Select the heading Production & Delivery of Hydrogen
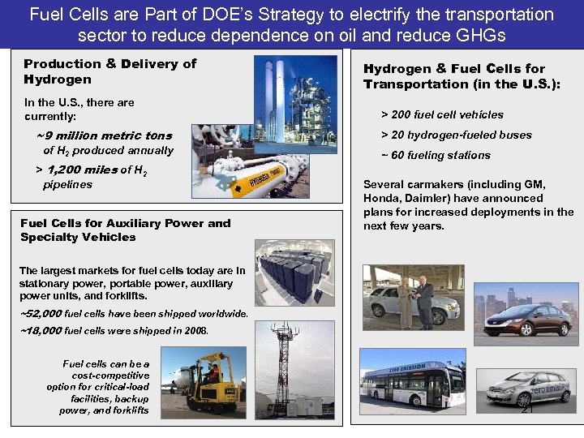point(109,71)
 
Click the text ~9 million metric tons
point(104,135)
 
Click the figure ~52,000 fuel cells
point(41,313)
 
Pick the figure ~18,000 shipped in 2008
point(41,330)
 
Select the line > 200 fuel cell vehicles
point(442,114)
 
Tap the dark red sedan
point(526,317)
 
